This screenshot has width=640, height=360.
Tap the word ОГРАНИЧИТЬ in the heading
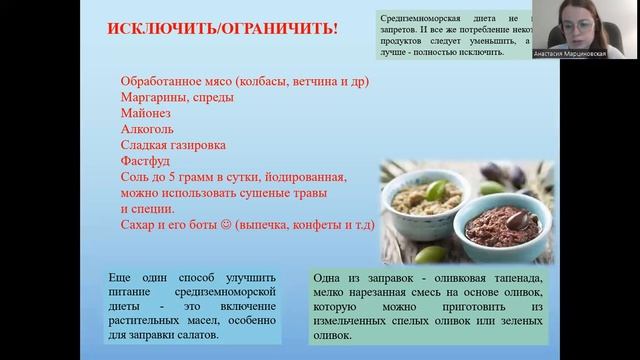coord(281,28)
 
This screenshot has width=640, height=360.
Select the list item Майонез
coord(146,113)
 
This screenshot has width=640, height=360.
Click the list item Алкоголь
coord(148,129)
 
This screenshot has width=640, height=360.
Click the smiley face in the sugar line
coord(225,226)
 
